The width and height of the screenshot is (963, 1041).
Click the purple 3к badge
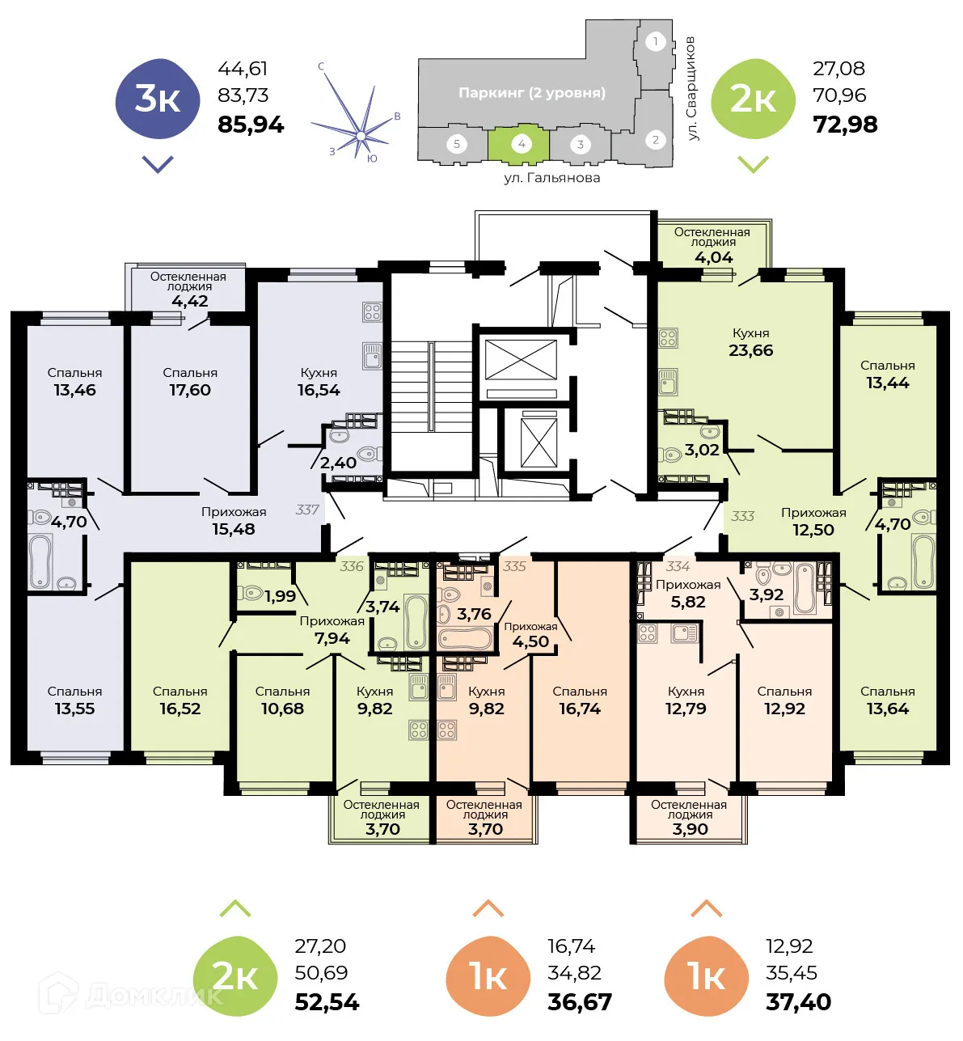coord(158,99)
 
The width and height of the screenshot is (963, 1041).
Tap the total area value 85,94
coord(251,125)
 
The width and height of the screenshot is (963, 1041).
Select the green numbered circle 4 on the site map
coord(521,144)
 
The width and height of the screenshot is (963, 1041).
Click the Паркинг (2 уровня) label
coord(531,93)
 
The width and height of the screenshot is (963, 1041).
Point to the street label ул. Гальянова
coord(551,177)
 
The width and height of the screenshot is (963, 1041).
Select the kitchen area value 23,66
coord(750,350)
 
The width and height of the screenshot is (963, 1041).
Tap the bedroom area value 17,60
coord(190,390)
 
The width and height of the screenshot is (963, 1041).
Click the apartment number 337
coord(307,510)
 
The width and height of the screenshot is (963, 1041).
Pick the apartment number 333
coord(742,516)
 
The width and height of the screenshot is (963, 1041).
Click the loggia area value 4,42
coord(190,301)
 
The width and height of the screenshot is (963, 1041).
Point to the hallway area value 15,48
coord(233,529)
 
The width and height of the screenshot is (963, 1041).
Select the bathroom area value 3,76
coord(474,614)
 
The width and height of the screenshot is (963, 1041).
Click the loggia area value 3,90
coord(690,829)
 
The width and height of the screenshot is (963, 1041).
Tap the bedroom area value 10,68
coord(282,709)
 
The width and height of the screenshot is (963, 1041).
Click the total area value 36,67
coord(579,1002)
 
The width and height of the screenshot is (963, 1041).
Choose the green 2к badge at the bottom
coord(235,976)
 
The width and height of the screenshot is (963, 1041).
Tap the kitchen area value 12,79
coord(686,709)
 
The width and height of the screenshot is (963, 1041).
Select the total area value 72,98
coord(845,125)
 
